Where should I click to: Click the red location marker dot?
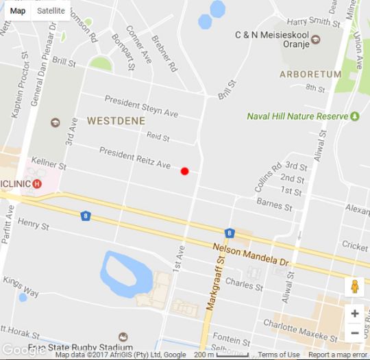pos(184,171)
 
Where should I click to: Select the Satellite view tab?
pos(51,11)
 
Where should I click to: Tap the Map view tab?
pos(18,11)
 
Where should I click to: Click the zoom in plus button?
pos(354,313)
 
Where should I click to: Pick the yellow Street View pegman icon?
pos(354,287)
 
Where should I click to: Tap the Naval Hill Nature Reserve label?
pos(298,116)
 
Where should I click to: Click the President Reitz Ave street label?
pos(134,157)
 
